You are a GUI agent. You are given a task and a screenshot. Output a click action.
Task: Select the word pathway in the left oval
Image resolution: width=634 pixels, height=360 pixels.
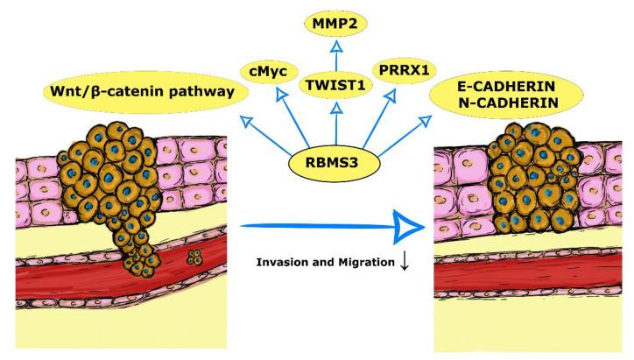coord(193,90)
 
